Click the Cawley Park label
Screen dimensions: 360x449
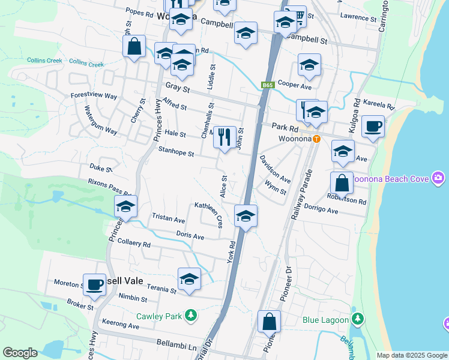[x=158, y=316]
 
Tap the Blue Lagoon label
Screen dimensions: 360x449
[x=325, y=320]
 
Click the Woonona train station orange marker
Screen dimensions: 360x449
[x=316, y=139]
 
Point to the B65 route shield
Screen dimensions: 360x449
[x=268, y=86]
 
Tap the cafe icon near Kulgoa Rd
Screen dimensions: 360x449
[x=373, y=126]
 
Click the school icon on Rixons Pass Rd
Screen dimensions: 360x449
[x=125, y=207]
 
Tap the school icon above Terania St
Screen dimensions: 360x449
[x=189, y=279]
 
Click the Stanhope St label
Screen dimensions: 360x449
[x=176, y=154]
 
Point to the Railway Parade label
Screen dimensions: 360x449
[x=302, y=196]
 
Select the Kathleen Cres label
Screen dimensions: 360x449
[x=209, y=214]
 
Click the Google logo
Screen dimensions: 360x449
[x=20, y=353]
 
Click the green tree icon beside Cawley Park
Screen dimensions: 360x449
[x=191, y=315]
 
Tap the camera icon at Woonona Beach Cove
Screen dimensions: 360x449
[x=439, y=178]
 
